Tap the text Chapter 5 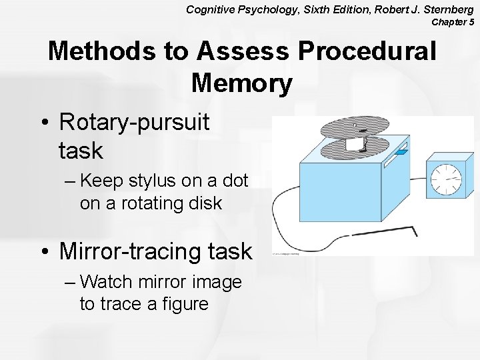coord(453,22)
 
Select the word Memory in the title coord(241,83)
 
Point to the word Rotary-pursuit coord(134,122)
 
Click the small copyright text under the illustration coord(285,253)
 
